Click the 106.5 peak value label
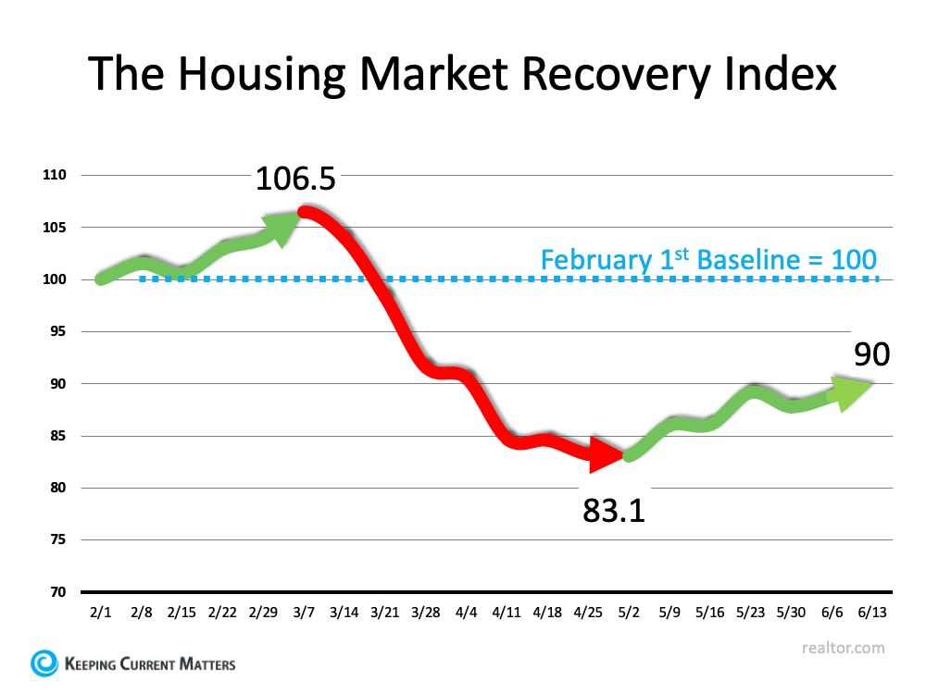[295, 178]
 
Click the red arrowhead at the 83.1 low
[608, 454]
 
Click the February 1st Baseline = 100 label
[708, 259]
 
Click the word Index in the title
[776, 75]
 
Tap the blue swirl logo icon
[44, 663]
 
